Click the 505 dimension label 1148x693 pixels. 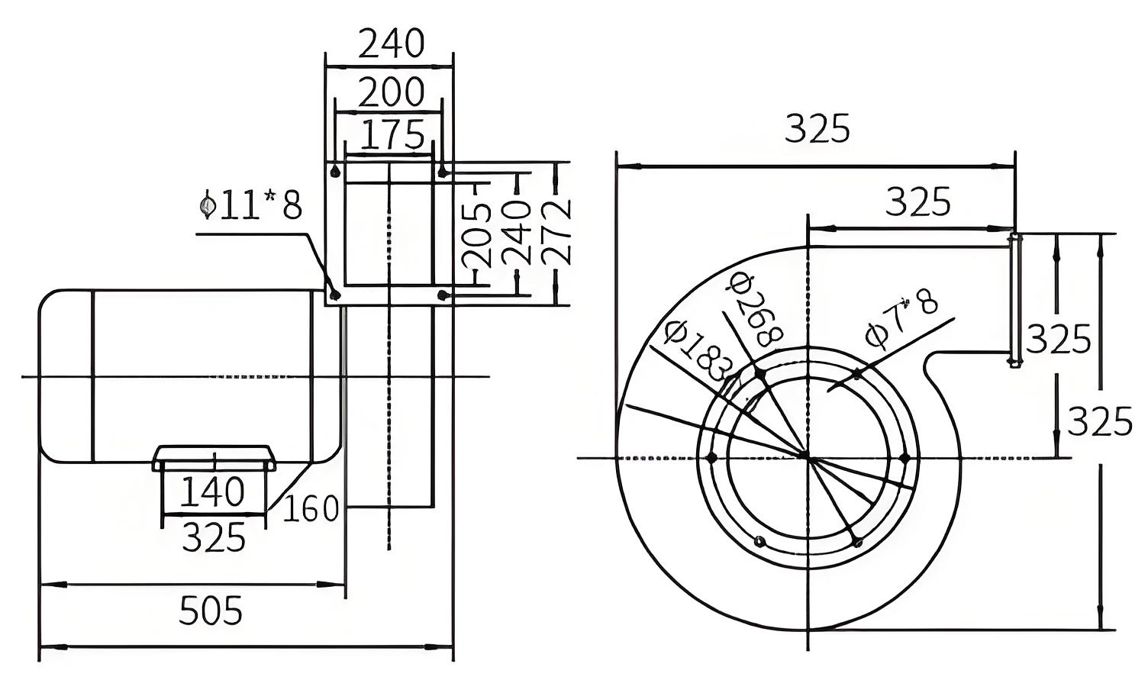tap(210, 610)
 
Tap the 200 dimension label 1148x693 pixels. tap(391, 92)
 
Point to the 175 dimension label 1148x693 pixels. tap(392, 134)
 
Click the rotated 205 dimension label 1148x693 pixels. tap(476, 235)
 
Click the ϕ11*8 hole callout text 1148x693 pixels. tap(250, 205)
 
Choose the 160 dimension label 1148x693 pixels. tap(311, 508)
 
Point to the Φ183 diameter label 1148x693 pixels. tap(697, 350)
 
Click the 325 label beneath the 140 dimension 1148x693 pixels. tap(214, 537)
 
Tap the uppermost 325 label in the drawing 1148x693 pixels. tap(817, 128)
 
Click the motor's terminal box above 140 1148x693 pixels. tap(214, 458)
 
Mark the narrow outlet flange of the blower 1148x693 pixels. tap(1014, 300)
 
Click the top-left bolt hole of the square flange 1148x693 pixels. tap(336, 171)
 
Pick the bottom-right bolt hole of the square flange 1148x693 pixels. tap(443, 295)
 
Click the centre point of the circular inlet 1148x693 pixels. tap(808, 456)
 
